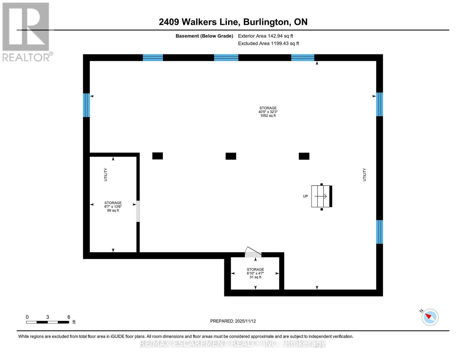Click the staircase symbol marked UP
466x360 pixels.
pos(321,196)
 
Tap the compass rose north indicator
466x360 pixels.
pos(430,317)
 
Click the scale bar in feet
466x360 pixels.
pos(48,322)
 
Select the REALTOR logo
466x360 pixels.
pos(26,31)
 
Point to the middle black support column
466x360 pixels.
pos(231,156)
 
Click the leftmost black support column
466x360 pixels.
pos(158,156)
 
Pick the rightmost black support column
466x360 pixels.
pos(304,156)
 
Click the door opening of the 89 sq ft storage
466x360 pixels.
pos(138,211)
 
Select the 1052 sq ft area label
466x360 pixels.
pos(268,116)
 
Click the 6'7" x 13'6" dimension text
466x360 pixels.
pos(113,206)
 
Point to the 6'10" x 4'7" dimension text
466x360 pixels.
pos(255,273)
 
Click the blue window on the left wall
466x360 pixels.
pos(86,105)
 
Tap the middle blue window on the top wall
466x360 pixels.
pos(226,58)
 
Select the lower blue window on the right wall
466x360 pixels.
pos(379,232)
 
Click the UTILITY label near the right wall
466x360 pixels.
pos(365,175)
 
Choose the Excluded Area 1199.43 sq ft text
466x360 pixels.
pos(268,43)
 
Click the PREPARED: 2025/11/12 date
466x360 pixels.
pos(233,321)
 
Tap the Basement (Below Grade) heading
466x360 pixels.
pos(204,36)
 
